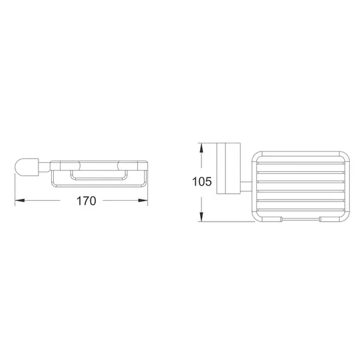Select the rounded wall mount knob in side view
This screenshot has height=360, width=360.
click(25, 168)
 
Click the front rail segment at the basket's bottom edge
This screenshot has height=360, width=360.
click(302, 219)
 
